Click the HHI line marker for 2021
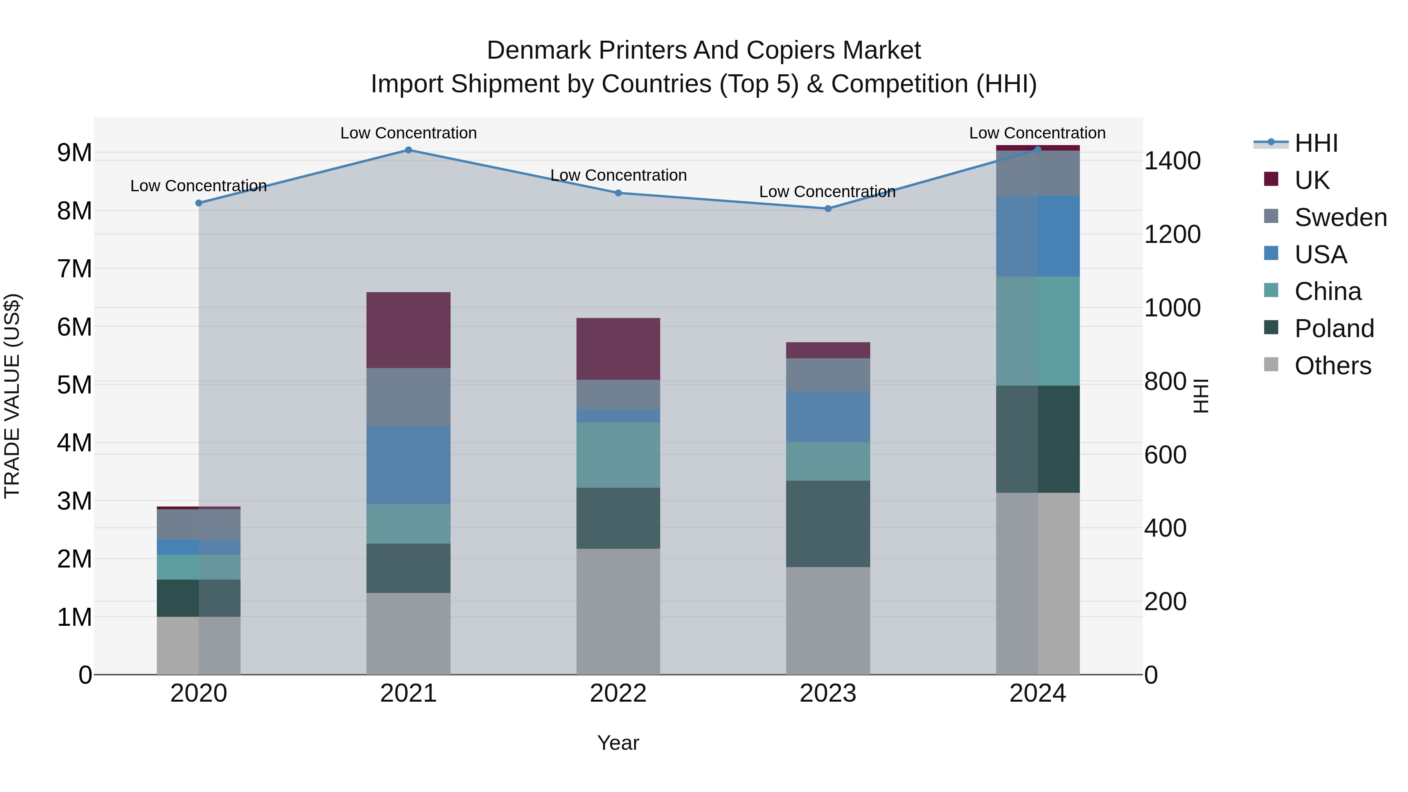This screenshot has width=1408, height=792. click(408, 150)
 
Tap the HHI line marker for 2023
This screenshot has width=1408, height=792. click(828, 208)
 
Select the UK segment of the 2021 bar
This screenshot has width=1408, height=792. click(408, 330)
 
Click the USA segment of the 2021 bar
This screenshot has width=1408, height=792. click(408, 465)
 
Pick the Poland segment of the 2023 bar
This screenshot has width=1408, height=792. click(828, 524)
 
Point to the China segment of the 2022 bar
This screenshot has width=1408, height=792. click(618, 455)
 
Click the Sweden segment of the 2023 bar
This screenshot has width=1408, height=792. click(828, 375)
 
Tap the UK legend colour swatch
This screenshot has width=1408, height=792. click(1272, 179)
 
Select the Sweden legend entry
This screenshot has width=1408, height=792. click(1340, 217)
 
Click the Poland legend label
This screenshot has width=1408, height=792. click(1334, 329)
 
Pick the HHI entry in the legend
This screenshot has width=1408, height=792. click(1316, 143)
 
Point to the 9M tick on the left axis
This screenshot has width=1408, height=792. click(74, 153)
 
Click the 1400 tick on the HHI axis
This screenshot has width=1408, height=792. click(1173, 161)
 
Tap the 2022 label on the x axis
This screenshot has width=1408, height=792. click(618, 693)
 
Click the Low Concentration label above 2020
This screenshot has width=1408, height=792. click(198, 186)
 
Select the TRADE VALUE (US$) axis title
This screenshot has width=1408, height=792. click(13, 396)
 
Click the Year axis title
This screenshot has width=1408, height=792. click(618, 743)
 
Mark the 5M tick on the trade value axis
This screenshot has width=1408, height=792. click(74, 385)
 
